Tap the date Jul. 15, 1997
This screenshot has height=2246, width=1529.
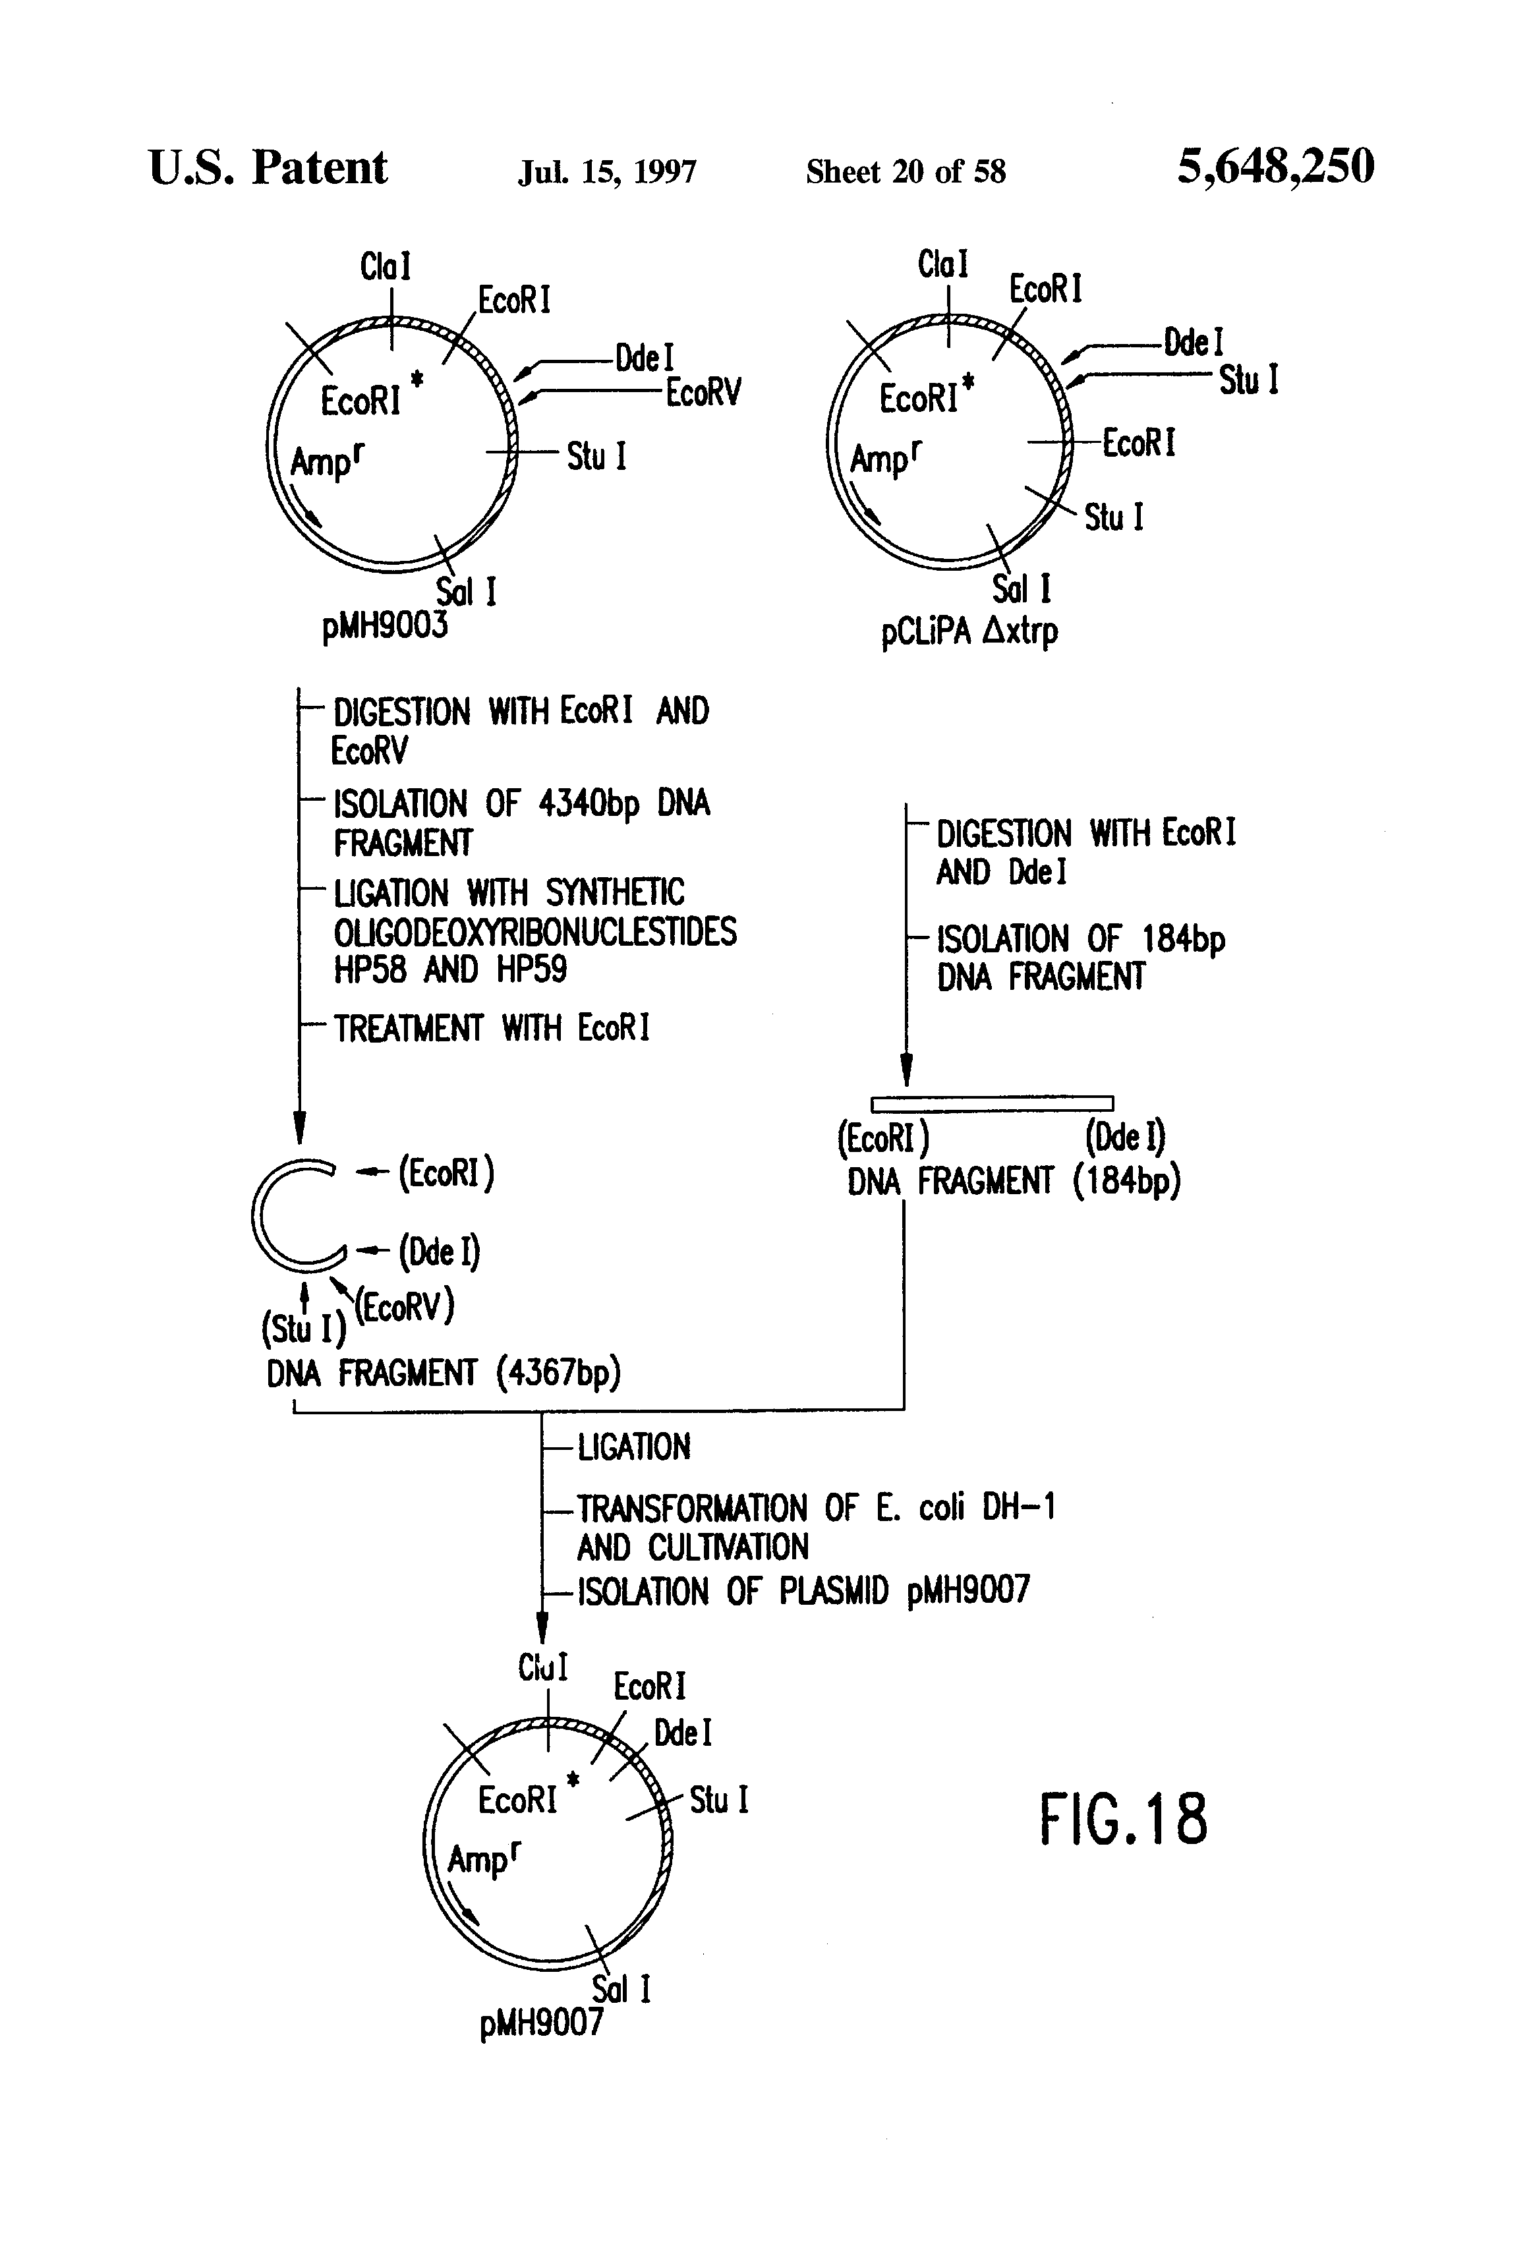[x=607, y=172]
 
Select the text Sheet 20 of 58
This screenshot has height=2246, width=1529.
[x=906, y=172]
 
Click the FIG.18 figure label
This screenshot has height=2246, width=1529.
[x=1123, y=1819]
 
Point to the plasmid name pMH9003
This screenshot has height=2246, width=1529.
[x=385, y=625]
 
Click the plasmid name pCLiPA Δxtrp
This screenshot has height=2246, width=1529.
[x=969, y=631]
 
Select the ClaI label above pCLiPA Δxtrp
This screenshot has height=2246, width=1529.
[x=942, y=264]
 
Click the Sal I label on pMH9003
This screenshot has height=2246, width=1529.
[x=466, y=590]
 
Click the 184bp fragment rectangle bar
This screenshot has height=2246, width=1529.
[x=992, y=1103]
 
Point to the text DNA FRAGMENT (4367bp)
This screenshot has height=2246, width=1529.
[x=444, y=1372]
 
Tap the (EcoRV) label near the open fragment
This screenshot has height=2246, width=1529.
[x=404, y=1307]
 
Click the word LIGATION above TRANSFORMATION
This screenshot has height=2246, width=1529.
[x=634, y=1447]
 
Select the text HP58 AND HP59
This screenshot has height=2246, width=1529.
[x=450, y=969]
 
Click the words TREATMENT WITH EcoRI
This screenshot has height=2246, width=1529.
[x=491, y=1027]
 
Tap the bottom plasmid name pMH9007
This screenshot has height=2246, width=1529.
[x=541, y=2022]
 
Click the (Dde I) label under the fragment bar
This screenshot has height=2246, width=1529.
[x=1125, y=1137]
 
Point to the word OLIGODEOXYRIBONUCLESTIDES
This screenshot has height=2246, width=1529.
[x=534, y=932]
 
